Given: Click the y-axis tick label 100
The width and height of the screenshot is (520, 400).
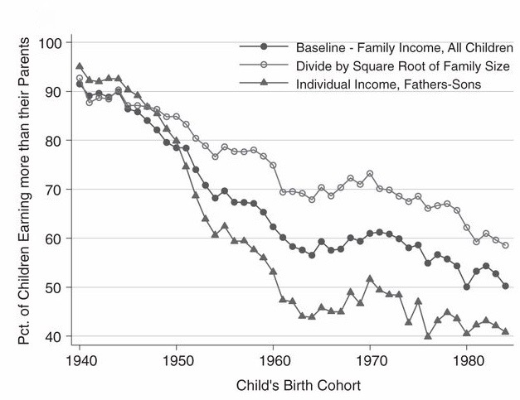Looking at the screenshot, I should click(x=61, y=42).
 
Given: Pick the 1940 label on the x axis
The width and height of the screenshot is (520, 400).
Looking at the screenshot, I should click(x=80, y=362).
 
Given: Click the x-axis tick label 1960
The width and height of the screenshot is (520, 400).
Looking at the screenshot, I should click(x=274, y=362).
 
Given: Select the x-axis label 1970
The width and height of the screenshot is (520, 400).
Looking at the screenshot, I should click(x=371, y=362).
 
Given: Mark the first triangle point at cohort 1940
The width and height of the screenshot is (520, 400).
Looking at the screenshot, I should click(x=80, y=66).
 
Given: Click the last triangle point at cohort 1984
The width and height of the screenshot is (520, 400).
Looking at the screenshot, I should click(x=505, y=332).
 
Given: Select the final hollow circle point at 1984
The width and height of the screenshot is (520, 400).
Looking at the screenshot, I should click(x=505, y=246).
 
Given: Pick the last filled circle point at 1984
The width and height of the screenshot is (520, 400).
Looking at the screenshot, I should click(x=505, y=287).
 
